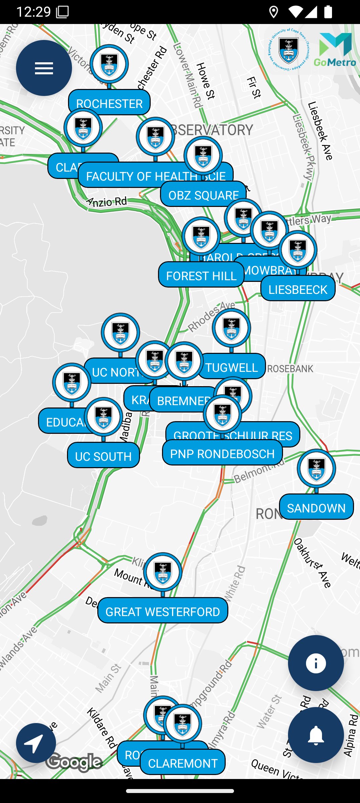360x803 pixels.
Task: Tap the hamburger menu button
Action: tap(44, 68)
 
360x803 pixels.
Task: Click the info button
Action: tap(316, 663)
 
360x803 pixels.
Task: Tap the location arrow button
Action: tap(36, 743)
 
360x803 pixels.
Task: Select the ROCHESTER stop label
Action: tap(109, 103)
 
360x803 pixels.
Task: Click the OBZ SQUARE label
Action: tap(203, 195)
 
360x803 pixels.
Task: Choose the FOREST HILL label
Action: tap(201, 276)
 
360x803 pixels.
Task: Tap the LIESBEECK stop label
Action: tap(298, 289)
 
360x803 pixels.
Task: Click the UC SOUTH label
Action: tap(103, 456)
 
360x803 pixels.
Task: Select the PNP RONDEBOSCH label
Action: tap(222, 453)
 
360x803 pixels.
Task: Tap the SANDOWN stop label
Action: tap(316, 508)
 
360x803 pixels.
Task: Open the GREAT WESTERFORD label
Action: tap(163, 611)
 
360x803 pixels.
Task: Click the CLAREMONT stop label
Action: tap(183, 763)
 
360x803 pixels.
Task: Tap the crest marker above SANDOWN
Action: tap(316, 468)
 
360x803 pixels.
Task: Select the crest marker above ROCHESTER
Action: tap(109, 64)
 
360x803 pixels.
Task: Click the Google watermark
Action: tap(74, 762)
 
